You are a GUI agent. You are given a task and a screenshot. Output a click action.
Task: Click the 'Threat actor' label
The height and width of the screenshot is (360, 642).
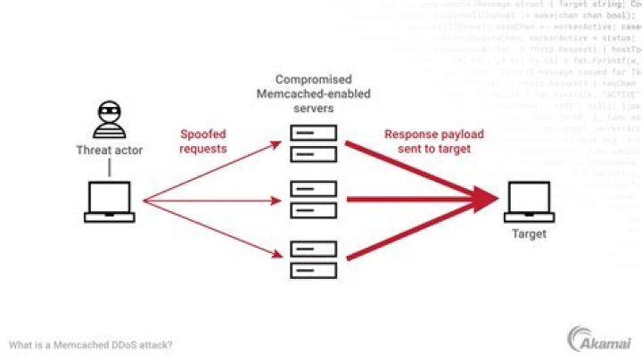110,151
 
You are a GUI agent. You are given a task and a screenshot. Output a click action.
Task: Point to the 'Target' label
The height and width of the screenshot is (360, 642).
530,234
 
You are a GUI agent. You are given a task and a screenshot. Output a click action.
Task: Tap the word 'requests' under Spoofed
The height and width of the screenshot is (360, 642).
203,148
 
